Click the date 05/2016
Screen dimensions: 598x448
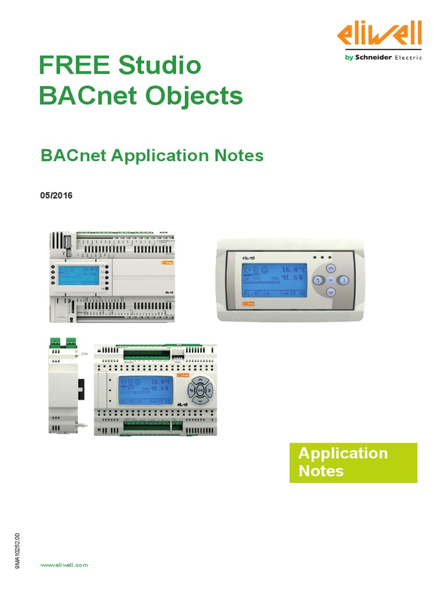tap(55, 196)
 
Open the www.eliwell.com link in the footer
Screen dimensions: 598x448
tap(64, 565)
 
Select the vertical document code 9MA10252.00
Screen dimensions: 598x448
tap(17, 551)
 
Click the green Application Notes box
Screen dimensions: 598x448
tap(353, 462)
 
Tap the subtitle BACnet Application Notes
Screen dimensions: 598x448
tap(152, 156)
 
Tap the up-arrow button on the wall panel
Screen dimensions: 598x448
tap(331, 268)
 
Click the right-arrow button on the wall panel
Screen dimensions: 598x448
tap(344, 280)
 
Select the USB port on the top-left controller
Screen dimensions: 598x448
tap(67, 241)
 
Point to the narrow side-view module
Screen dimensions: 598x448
tap(64, 386)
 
